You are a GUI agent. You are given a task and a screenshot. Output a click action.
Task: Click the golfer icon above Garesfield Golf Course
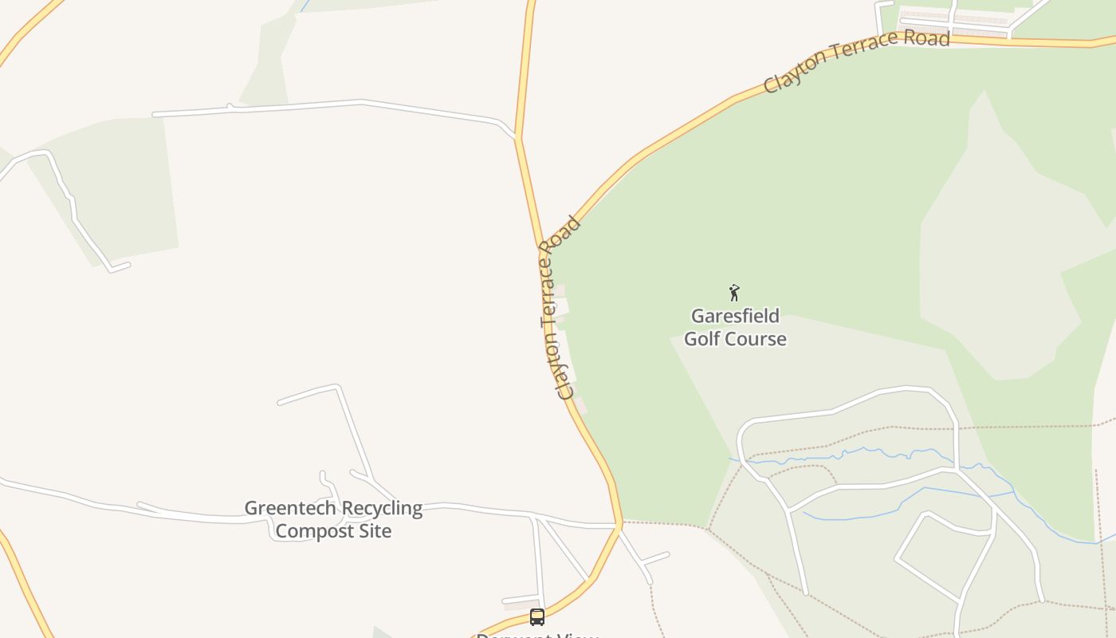point(734,293)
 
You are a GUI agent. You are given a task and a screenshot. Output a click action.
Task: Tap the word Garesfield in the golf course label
point(735,315)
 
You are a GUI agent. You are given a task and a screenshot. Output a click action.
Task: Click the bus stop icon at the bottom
point(537,616)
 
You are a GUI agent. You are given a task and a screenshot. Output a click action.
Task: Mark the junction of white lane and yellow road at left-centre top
point(517,138)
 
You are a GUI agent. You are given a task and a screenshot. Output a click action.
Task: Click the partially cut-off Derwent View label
point(536,635)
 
